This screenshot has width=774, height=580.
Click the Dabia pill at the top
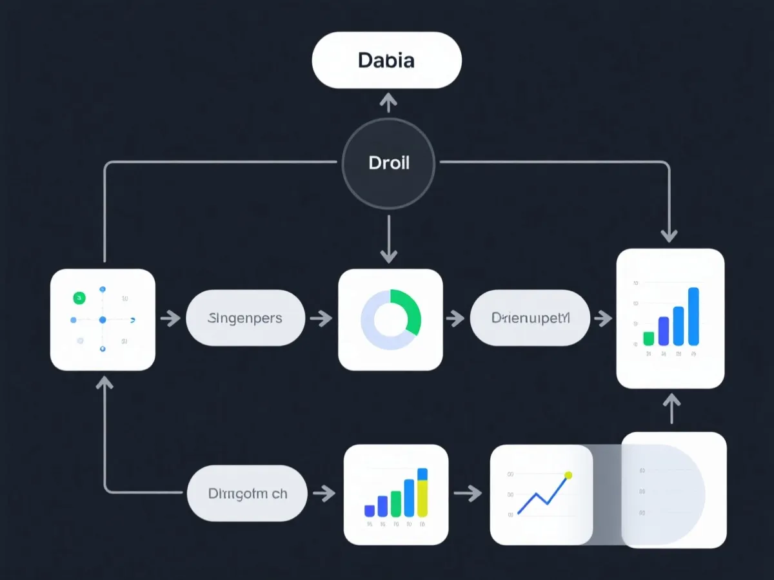386,61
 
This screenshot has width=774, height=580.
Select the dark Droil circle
388,162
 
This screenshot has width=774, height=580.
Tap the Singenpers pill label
245,318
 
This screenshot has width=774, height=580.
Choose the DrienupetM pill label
530,318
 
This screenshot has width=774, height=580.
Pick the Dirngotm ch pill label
248,494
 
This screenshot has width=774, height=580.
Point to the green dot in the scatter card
79,298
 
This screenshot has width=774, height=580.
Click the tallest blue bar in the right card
693,316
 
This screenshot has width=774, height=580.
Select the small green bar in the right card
649,338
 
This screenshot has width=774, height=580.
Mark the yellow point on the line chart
568,476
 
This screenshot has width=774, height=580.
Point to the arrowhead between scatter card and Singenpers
173,318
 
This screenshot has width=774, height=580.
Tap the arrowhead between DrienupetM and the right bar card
604,318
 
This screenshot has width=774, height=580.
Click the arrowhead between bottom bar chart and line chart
474,494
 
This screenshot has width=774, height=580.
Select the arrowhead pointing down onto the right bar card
670,235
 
